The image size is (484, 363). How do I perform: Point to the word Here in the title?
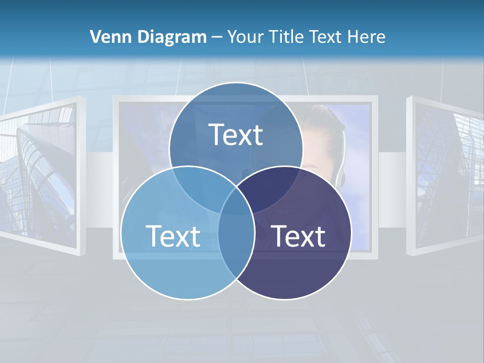[369, 37]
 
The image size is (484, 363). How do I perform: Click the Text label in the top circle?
[236, 135]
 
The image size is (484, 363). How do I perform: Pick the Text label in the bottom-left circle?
[173, 236]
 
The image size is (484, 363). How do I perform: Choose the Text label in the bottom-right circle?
[298, 236]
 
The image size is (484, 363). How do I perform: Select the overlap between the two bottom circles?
[236, 242]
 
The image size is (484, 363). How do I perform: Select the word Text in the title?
[327, 37]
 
